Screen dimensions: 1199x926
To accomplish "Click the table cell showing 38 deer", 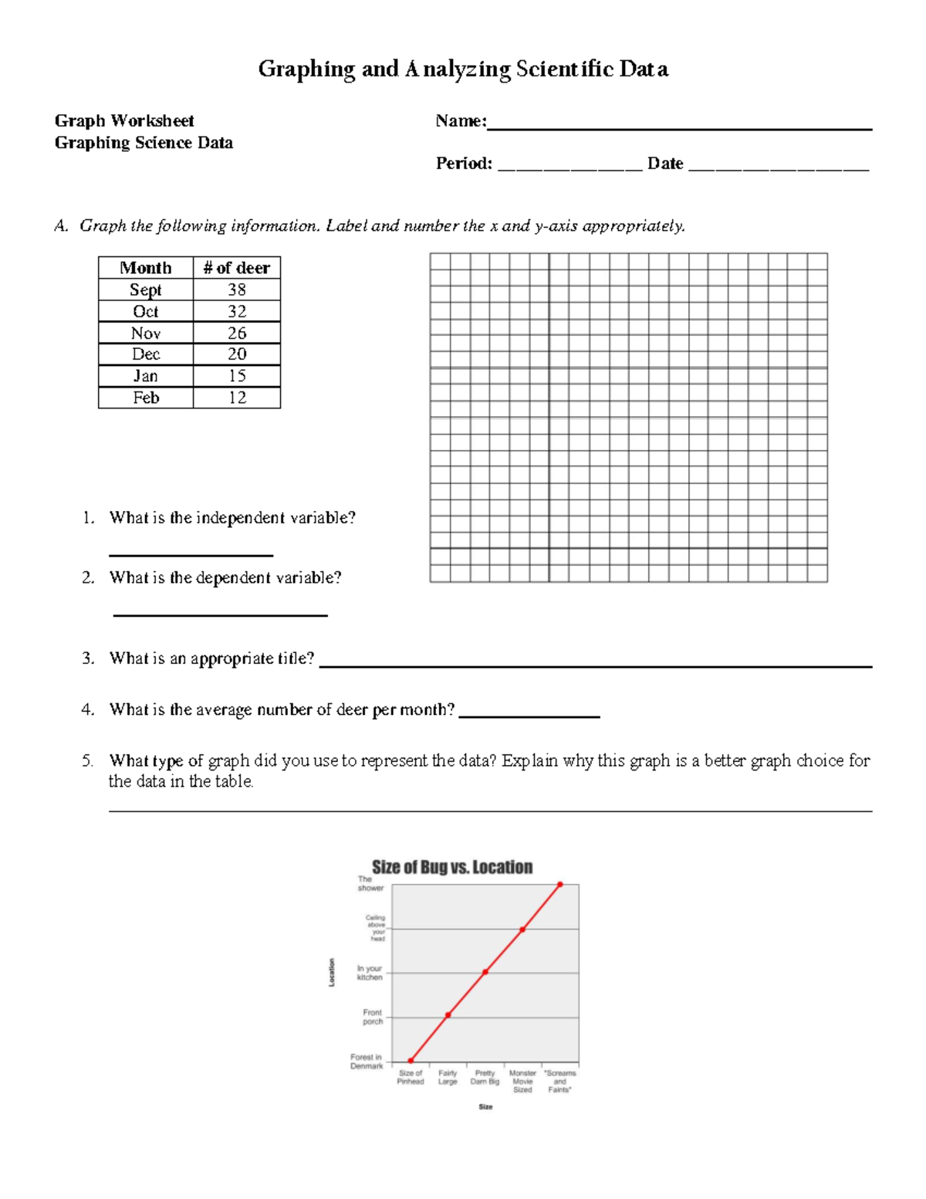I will click(236, 290).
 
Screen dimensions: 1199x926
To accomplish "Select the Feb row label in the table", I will click(145, 398).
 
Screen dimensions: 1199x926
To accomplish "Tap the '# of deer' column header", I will click(236, 268).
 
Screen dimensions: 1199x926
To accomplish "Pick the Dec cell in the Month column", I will click(145, 354).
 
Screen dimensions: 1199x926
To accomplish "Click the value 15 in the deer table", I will click(236, 376).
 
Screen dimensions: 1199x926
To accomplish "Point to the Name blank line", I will click(679, 128).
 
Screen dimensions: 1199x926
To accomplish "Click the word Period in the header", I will click(463, 164).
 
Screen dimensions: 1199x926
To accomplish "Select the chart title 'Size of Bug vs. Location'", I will click(452, 867).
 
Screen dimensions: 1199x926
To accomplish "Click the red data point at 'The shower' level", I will click(560, 885).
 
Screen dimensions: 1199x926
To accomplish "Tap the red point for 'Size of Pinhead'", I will click(411, 1061).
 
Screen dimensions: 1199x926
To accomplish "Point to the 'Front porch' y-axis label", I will click(373, 1017).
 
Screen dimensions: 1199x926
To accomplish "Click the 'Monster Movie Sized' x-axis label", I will click(522, 1081).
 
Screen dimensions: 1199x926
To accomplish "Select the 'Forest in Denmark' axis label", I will click(367, 1062).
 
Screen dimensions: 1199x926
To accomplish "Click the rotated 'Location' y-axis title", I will click(332, 972).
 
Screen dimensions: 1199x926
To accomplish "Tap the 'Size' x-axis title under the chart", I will click(485, 1107).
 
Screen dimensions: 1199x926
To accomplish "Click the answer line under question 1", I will click(191, 554).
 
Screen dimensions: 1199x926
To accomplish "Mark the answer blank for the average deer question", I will click(529, 716).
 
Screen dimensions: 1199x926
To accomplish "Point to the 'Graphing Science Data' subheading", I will click(144, 143).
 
